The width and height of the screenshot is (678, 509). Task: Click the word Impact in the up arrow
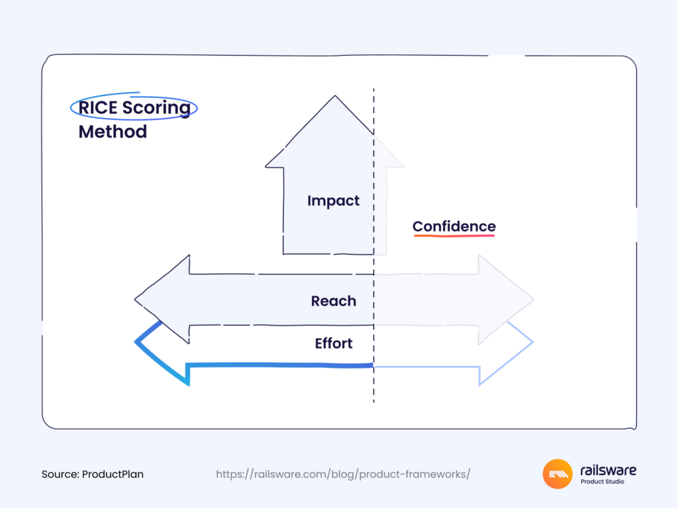point(333,201)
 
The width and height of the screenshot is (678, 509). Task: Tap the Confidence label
point(454,226)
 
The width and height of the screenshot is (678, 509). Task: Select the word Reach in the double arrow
point(333,301)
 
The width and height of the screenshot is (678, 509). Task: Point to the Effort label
point(333,343)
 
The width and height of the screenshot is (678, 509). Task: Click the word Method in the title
point(113,131)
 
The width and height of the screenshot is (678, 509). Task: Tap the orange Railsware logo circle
point(557,474)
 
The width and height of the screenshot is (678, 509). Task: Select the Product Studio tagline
point(602,482)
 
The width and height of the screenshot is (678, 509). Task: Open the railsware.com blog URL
point(343,475)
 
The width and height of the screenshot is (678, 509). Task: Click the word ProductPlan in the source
point(113,475)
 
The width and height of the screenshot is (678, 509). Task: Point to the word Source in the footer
point(60,475)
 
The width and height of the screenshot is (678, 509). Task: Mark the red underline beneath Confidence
point(454,235)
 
